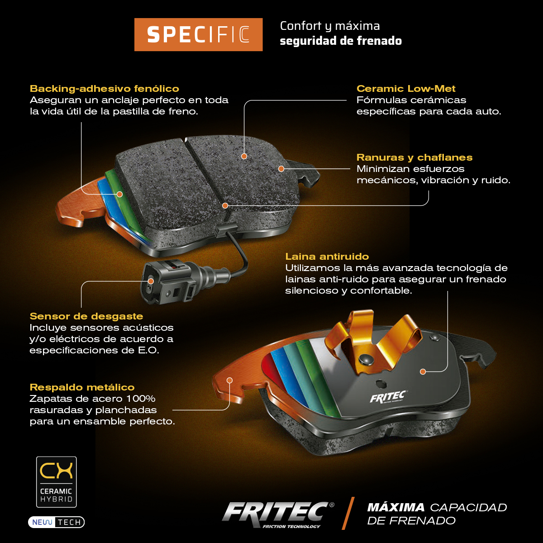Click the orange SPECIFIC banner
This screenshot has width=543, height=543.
click(198, 34)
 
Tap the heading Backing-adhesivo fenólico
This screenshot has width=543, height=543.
click(105, 89)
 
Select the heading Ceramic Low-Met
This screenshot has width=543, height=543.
click(406, 89)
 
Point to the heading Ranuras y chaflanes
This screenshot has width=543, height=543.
click(414, 157)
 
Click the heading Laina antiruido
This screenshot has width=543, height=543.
click(327, 257)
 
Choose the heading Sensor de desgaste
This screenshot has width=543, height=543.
click(86, 316)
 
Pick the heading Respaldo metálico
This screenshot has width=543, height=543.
click(82, 387)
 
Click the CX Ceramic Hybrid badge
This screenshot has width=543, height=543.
click(57, 482)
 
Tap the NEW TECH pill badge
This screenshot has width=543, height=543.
click(57, 522)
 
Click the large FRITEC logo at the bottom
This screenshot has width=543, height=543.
click(277, 514)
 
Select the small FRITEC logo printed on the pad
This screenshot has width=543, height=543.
click(388, 397)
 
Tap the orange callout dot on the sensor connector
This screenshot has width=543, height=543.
click(151, 281)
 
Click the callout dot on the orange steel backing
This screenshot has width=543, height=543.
click(230, 381)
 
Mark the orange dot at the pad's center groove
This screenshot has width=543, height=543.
click(225, 206)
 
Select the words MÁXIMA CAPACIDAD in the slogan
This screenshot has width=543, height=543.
click(437, 507)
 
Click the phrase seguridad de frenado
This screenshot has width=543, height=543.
click(341, 41)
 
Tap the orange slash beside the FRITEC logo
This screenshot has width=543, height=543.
click(348, 514)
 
